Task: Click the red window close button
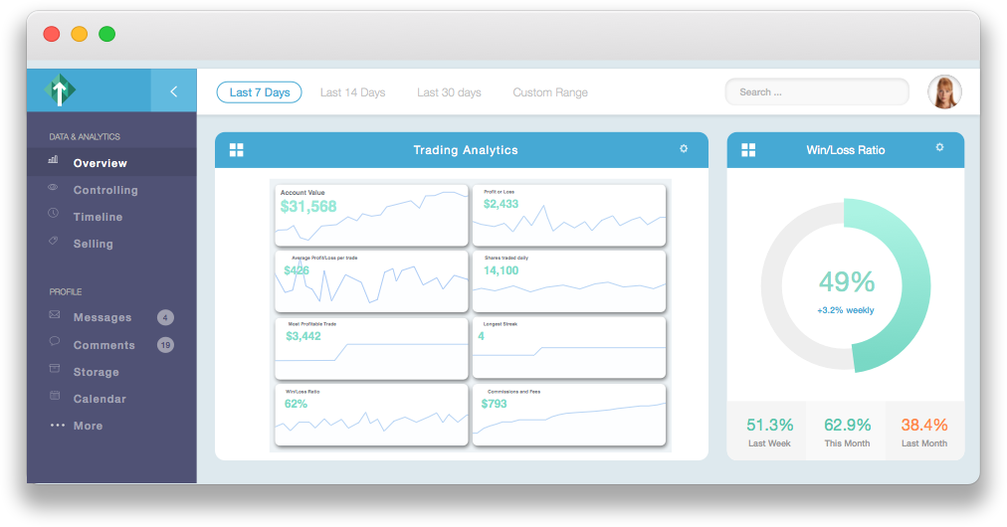pyautogui.click(x=52, y=34)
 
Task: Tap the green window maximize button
pyautogui.click(x=106, y=34)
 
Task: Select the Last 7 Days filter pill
pyautogui.click(x=259, y=92)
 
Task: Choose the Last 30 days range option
pyautogui.click(x=449, y=92)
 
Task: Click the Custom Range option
pyautogui.click(x=550, y=92)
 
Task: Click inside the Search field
pyautogui.click(x=816, y=92)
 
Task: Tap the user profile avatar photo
pyautogui.click(x=943, y=91)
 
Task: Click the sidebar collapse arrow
pyautogui.click(x=173, y=91)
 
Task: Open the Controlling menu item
pyautogui.click(x=105, y=190)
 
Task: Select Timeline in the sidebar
pyautogui.click(x=98, y=217)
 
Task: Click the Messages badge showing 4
pyautogui.click(x=165, y=317)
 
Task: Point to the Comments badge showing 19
pyautogui.click(x=165, y=345)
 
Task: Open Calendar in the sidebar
pyautogui.click(x=100, y=399)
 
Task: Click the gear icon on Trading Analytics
pyautogui.click(x=684, y=149)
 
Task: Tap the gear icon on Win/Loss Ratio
pyautogui.click(x=939, y=148)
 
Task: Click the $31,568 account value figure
pyautogui.click(x=308, y=207)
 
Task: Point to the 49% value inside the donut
pyautogui.click(x=847, y=282)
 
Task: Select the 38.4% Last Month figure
pyautogui.click(x=924, y=425)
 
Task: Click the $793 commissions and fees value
pyautogui.click(x=495, y=404)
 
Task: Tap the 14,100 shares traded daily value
pyautogui.click(x=501, y=270)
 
